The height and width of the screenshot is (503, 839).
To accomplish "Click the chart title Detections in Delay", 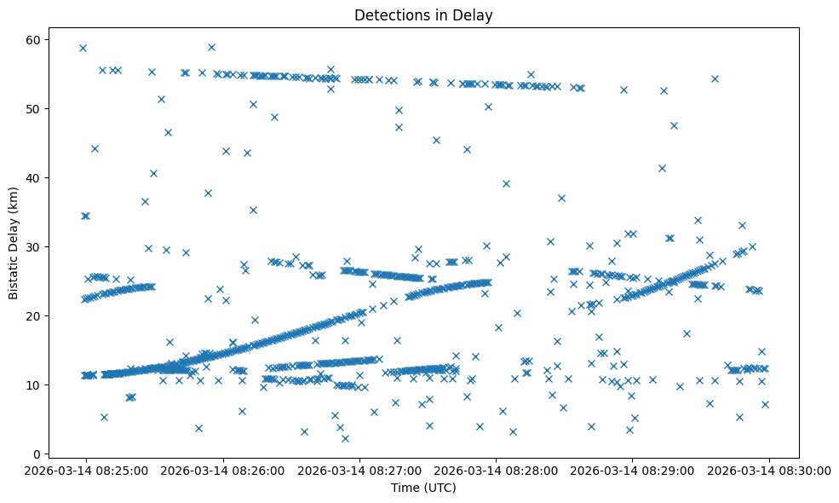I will (423, 15).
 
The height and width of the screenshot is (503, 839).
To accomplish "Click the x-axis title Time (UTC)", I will (423, 488).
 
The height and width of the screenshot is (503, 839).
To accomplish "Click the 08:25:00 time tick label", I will (86, 469).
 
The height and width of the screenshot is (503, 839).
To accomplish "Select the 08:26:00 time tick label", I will (223, 469).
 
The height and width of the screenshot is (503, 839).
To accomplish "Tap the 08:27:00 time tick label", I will (359, 469).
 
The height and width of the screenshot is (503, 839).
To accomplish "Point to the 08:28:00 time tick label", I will (496, 469).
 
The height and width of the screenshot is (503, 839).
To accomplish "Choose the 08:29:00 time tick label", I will (632, 469).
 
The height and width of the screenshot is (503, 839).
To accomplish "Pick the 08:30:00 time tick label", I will (769, 469).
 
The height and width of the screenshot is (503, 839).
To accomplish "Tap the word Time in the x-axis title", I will (405, 488).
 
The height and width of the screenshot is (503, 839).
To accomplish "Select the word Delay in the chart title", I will (476, 15).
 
